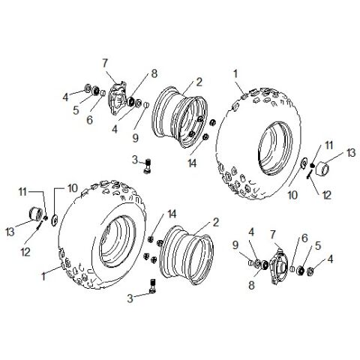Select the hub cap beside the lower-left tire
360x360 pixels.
[x=36, y=212]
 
